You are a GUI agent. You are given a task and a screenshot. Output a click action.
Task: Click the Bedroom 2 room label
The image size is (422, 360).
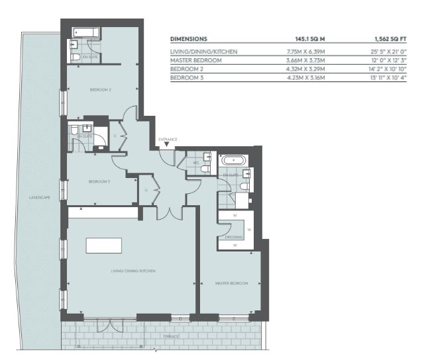tap(101, 90)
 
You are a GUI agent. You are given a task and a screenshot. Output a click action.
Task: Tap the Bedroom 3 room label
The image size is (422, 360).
tap(99, 182)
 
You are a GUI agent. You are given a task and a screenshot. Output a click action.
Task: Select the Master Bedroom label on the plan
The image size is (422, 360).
tap(231, 283)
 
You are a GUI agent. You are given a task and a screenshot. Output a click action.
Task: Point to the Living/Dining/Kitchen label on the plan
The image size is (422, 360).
tap(133, 271)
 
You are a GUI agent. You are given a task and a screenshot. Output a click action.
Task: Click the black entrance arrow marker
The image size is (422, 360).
tap(167, 144)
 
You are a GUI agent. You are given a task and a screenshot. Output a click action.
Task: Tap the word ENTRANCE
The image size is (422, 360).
tap(168, 139)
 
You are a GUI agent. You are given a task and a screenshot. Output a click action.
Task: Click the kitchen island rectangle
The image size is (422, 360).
tap(104, 246)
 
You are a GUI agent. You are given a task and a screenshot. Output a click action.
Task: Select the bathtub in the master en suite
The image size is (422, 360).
tap(234, 161)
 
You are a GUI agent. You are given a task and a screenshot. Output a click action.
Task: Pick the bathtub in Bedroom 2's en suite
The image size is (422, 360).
tap(86, 33)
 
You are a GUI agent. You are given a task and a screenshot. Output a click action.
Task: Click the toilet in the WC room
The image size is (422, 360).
tap(206, 169)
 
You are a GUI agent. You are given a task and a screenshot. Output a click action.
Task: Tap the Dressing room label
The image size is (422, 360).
tap(234, 238)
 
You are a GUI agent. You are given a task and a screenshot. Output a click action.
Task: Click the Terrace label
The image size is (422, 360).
tap(171, 336)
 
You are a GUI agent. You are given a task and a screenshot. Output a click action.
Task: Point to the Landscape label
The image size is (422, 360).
tap(40, 198)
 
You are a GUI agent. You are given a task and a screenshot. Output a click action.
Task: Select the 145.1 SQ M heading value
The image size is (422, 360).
tap(310, 39)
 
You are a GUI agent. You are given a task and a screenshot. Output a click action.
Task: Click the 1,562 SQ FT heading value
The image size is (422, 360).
tap(390, 39)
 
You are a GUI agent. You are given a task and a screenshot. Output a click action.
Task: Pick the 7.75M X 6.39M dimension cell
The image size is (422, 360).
tap(305, 52)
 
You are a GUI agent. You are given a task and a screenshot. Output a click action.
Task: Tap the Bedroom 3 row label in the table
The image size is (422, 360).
tap(187, 77)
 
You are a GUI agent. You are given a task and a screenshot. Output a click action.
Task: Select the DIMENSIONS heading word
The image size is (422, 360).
tap(189, 39)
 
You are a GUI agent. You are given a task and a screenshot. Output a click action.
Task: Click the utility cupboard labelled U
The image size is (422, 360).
tap(146, 190)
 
